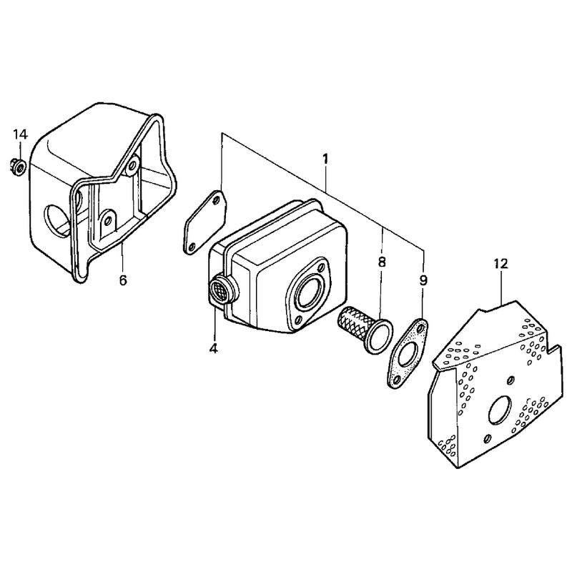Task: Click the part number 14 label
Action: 21,134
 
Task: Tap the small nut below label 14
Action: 18,167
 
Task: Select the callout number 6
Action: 123,280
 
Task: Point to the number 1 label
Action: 325,159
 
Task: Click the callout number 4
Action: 213,348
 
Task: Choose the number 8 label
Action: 382,262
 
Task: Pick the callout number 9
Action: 423,280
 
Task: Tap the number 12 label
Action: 501,263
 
